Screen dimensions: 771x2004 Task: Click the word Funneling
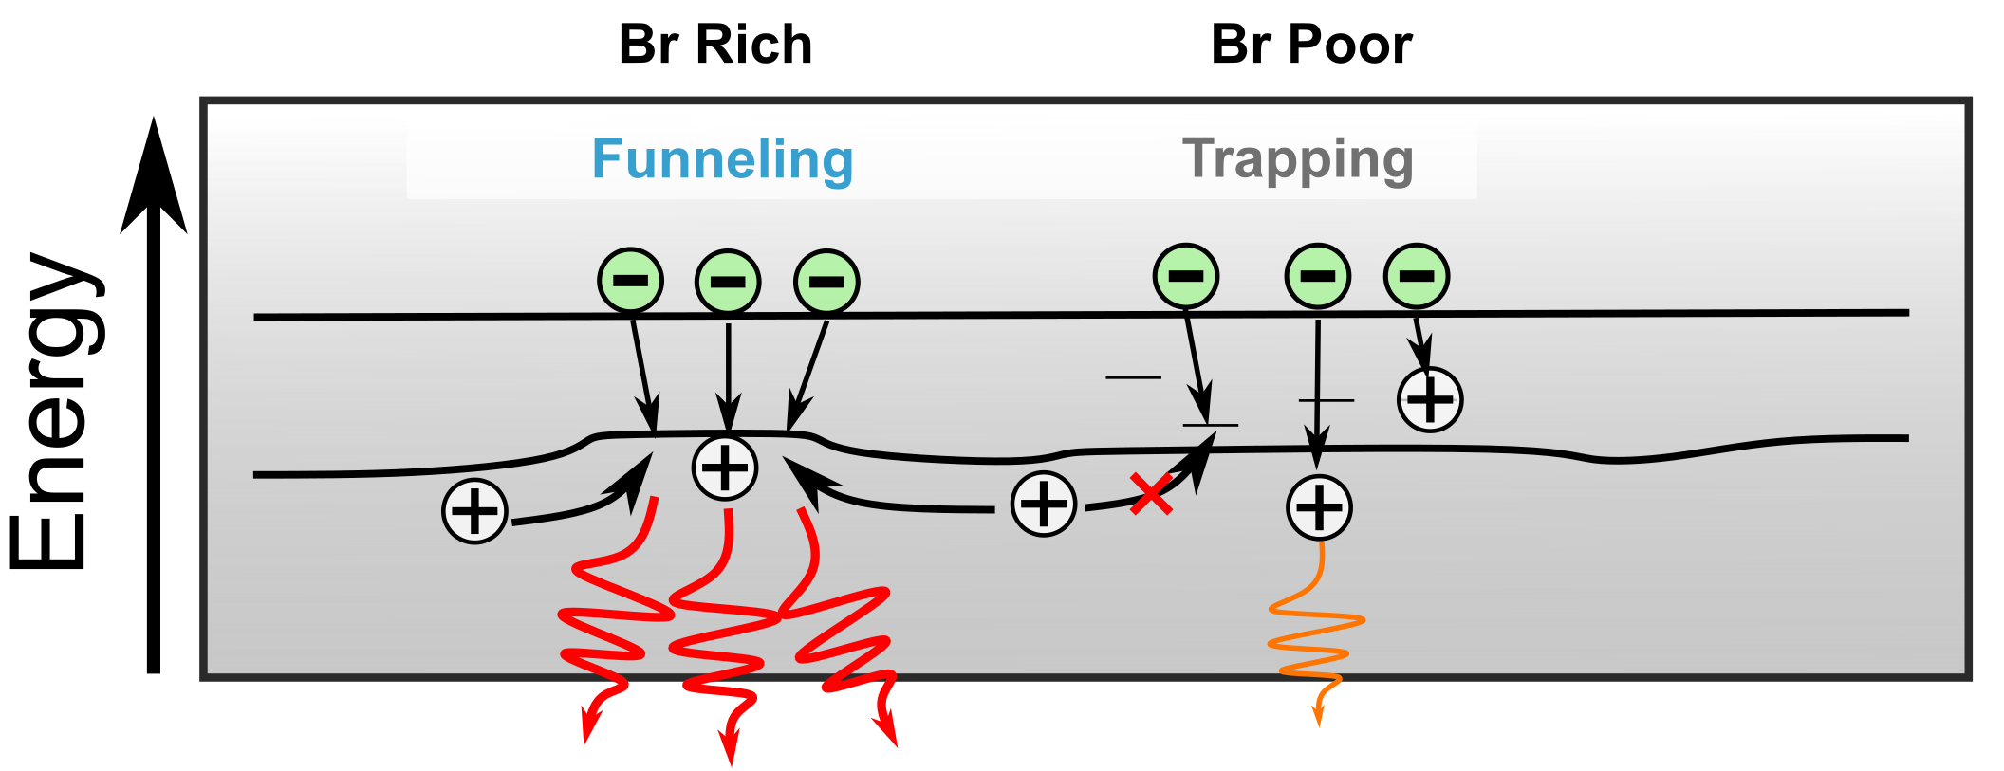[722, 159]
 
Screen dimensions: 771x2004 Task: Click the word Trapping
[1297, 159]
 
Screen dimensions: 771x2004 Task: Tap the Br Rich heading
[715, 45]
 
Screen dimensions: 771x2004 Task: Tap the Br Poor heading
[1311, 45]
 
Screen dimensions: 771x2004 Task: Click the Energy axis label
[52, 410]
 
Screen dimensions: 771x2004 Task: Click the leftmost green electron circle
[630, 281]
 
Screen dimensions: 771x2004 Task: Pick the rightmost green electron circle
[1417, 276]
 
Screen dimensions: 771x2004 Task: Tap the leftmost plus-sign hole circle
[474, 511]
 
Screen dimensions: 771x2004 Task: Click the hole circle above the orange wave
[1319, 507]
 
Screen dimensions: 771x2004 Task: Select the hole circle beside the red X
[1044, 504]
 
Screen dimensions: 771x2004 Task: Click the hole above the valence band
[1430, 399]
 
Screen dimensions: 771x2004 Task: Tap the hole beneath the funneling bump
[725, 468]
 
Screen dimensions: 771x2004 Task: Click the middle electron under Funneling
[728, 282]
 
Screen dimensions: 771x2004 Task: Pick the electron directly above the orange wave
[1317, 276]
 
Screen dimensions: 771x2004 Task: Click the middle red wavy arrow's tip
[730, 754]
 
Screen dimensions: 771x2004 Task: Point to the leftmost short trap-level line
[1133, 377]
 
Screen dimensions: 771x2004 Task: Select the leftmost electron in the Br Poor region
[1185, 276]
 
